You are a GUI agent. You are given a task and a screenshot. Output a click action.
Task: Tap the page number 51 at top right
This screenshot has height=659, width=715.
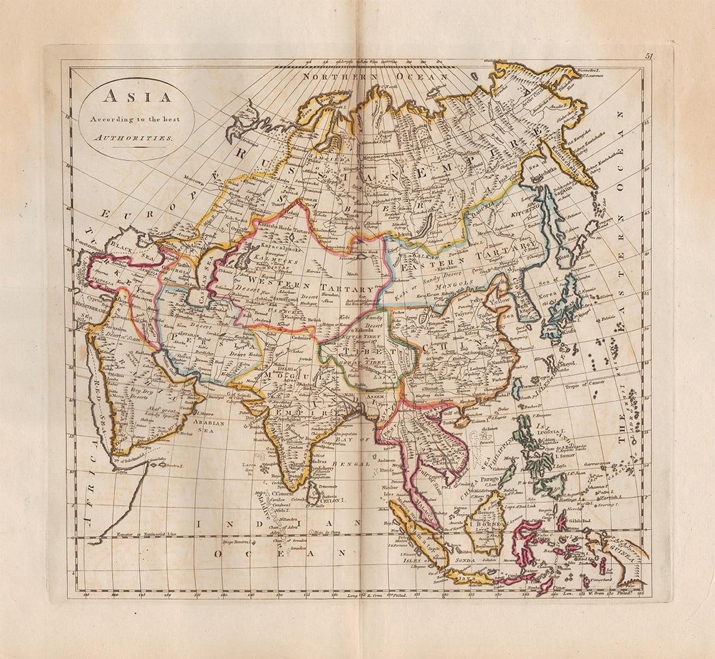coord(649,57)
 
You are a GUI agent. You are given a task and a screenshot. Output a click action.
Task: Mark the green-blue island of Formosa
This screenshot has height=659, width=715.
coord(516,389)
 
